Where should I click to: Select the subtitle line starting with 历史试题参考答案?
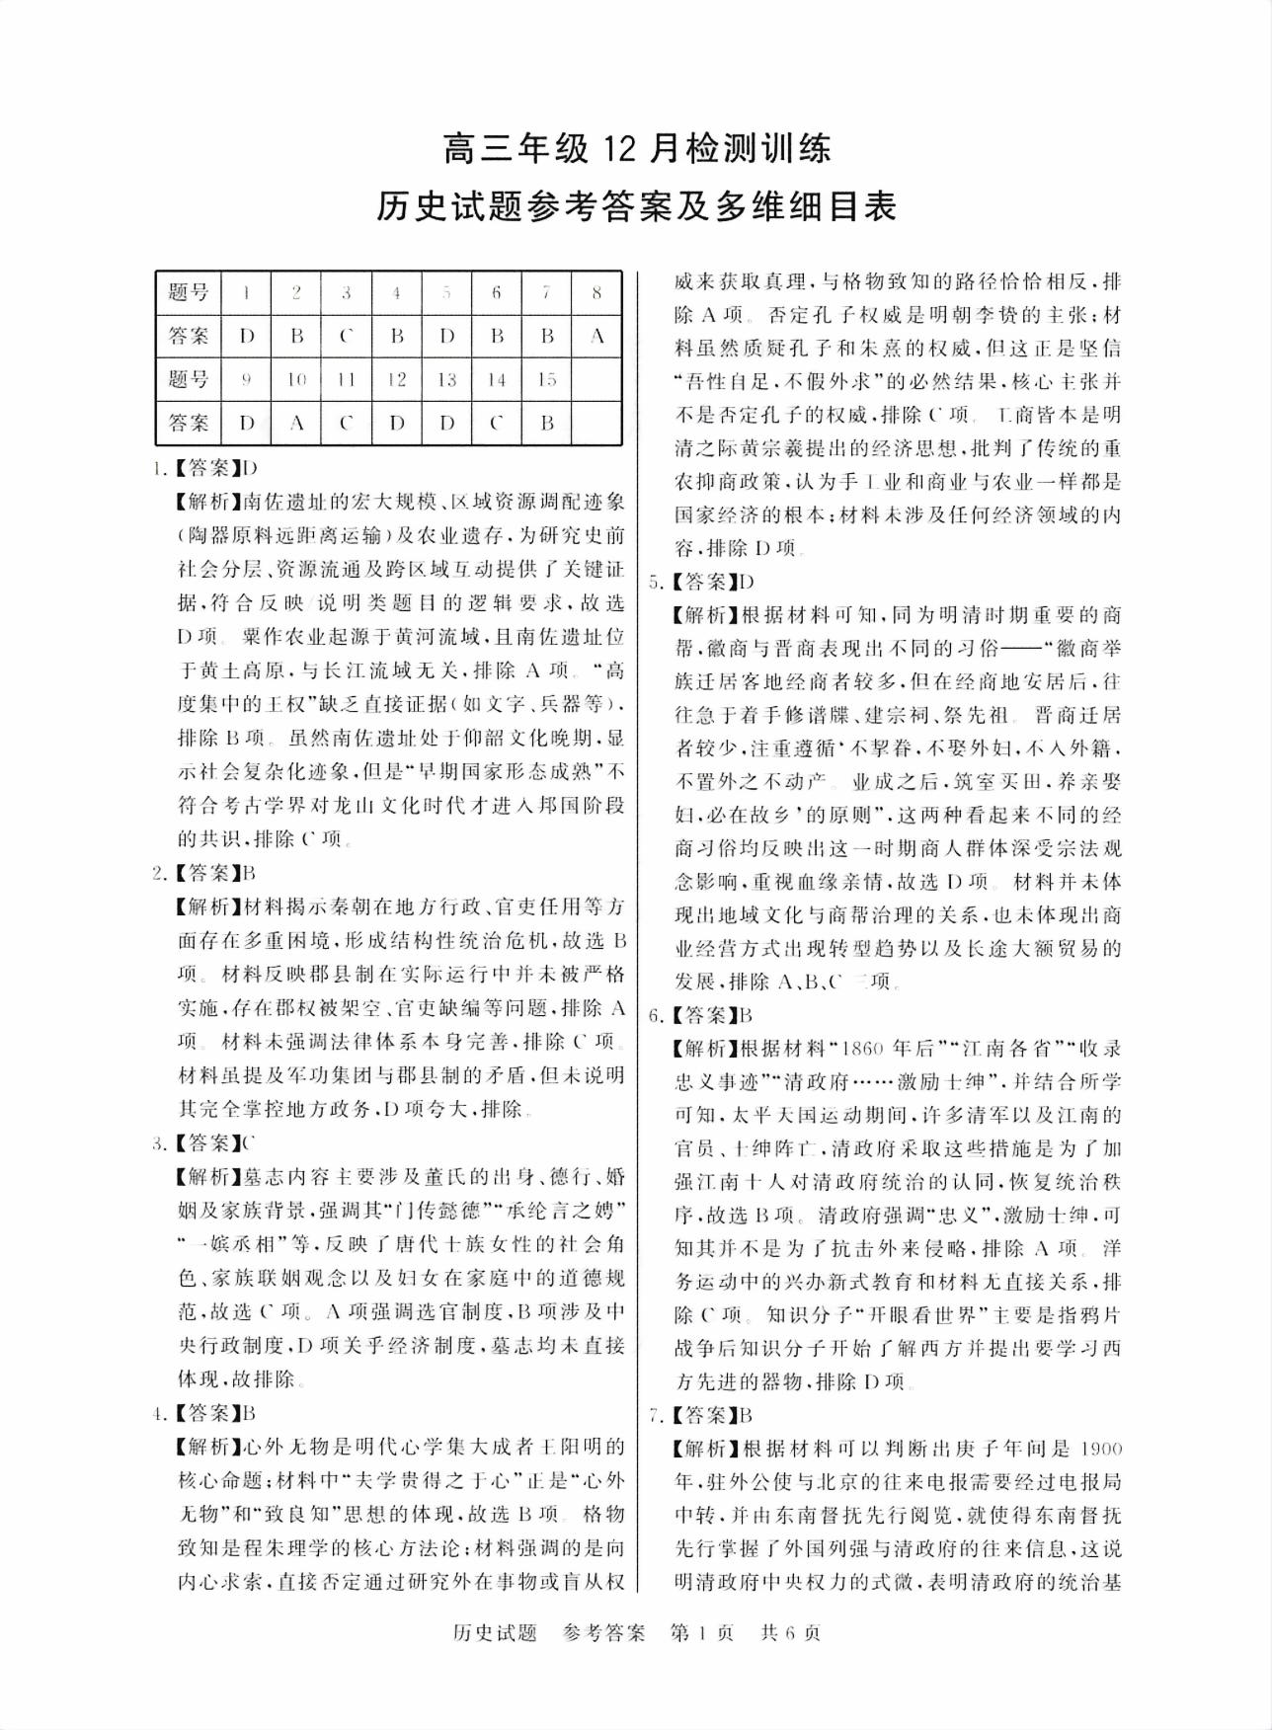tap(636, 206)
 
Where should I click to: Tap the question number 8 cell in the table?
tap(596, 292)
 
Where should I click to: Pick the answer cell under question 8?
tap(596, 336)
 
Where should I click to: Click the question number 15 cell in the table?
tap(546, 379)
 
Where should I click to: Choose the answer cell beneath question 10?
tap(297, 423)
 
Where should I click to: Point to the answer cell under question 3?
tap(347, 336)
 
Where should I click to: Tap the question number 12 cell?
tap(396, 379)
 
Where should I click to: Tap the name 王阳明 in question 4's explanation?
tap(591, 1448)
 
